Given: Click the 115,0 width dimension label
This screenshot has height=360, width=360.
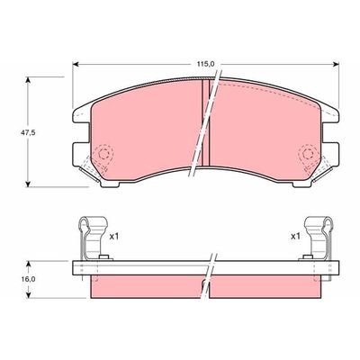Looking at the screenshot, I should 207,64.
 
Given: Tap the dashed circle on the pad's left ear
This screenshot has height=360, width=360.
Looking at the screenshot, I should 102,156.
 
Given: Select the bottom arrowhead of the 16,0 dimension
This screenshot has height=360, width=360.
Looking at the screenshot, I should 32,298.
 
